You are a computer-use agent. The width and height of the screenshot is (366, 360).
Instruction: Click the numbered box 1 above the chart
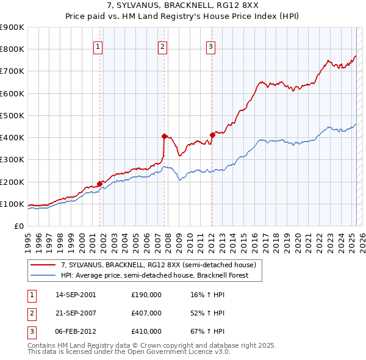98,45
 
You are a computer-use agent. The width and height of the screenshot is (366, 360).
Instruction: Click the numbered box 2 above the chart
162,45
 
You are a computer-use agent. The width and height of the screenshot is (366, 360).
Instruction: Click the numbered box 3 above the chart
210,45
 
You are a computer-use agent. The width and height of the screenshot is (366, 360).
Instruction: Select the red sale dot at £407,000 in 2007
164,136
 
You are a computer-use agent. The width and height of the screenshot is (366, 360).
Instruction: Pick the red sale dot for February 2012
212,135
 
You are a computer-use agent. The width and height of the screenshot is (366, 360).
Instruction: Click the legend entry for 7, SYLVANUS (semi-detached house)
162,265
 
